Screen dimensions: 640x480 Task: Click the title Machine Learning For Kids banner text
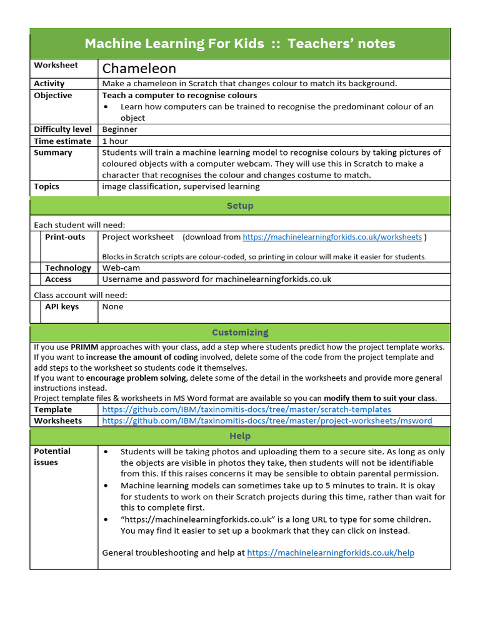click(x=240, y=44)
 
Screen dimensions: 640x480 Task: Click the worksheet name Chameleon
click(x=139, y=68)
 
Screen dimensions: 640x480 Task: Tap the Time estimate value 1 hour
click(x=115, y=141)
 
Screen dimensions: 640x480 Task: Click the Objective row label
click(x=53, y=96)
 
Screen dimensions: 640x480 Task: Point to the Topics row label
click(x=47, y=186)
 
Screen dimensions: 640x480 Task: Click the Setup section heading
click(x=240, y=206)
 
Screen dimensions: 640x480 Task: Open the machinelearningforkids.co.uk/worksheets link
click(x=332, y=237)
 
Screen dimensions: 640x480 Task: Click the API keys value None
click(x=113, y=307)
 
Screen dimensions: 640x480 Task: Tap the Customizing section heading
click(x=240, y=332)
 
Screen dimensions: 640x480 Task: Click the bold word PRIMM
click(x=84, y=347)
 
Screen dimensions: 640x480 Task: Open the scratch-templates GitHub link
click(x=246, y=409)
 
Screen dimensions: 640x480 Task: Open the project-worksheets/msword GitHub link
click(x=267, y=421)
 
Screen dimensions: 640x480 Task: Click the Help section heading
click(x=240, y=436)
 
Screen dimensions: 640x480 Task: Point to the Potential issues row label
click(x=52, y=457)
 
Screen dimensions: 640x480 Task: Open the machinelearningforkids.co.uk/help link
click(x=331, y=553)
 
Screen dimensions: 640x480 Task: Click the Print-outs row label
click(x=65, y=237)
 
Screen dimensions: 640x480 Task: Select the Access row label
click(x=58, y=279)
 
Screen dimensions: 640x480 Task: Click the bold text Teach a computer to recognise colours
click(x=179, y=96)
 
